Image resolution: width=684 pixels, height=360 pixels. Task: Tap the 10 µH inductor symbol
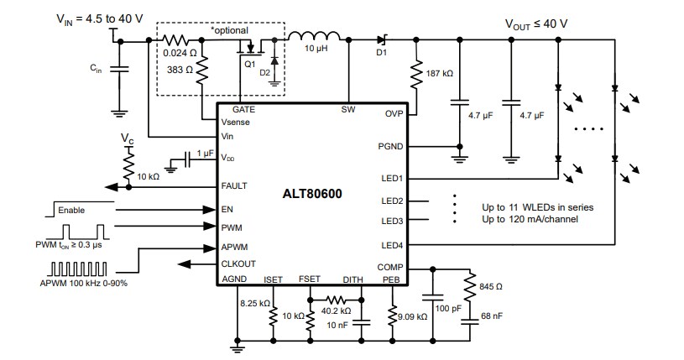[315, 36]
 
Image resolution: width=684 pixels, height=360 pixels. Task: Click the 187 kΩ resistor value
[439, 74]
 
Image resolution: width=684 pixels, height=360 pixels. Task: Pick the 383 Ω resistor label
[180, 70]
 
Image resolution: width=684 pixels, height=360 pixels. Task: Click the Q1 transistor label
[249, 63]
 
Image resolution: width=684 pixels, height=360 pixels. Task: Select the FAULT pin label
[234, 185]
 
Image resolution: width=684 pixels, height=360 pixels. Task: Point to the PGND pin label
[390, 146]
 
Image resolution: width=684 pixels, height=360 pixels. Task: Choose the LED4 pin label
[392, 245]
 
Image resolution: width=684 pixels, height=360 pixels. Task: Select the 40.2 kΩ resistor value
[337, 311]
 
